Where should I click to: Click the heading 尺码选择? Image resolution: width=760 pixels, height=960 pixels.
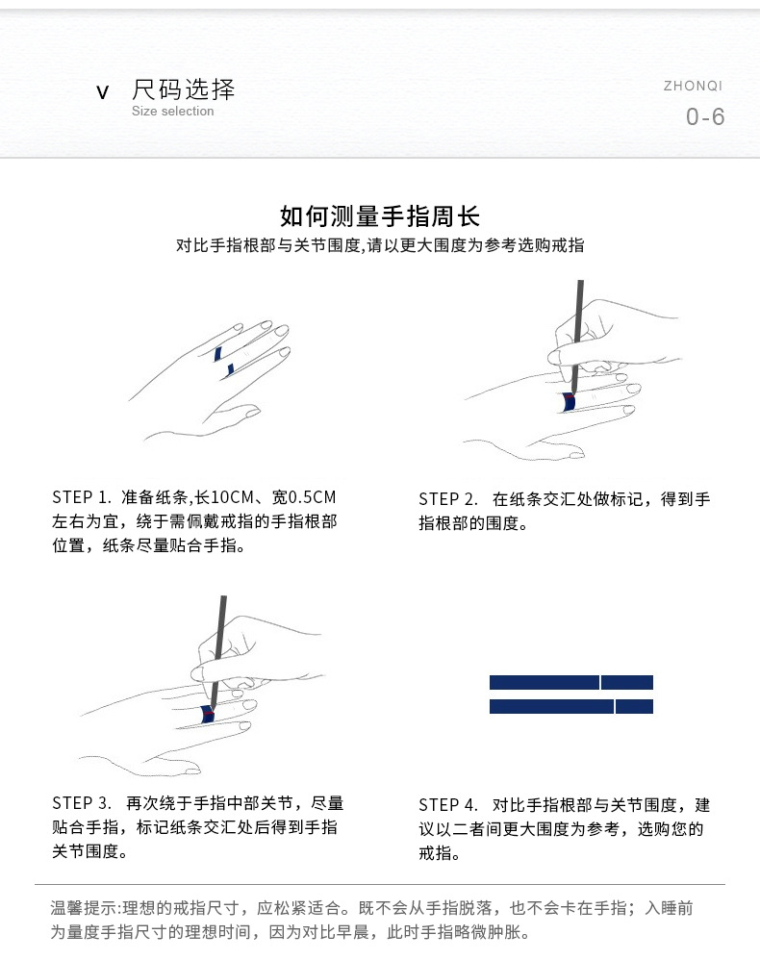pos(183,89)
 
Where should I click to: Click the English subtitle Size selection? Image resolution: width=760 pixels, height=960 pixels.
pos(172,112)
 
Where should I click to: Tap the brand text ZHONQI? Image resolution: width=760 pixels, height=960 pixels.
pos(693,86)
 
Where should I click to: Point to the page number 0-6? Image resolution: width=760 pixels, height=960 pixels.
pos(705,117)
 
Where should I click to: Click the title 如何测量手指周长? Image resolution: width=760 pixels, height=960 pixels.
pos(380,215)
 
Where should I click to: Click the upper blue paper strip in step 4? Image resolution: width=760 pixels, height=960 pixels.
pos(570,682)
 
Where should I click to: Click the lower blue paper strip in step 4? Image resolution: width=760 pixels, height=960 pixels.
pos(570,707)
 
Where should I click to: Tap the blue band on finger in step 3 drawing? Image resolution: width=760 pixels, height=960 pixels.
pos(207,715)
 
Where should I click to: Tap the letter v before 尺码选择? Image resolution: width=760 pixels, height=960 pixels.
pos(103,92)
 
